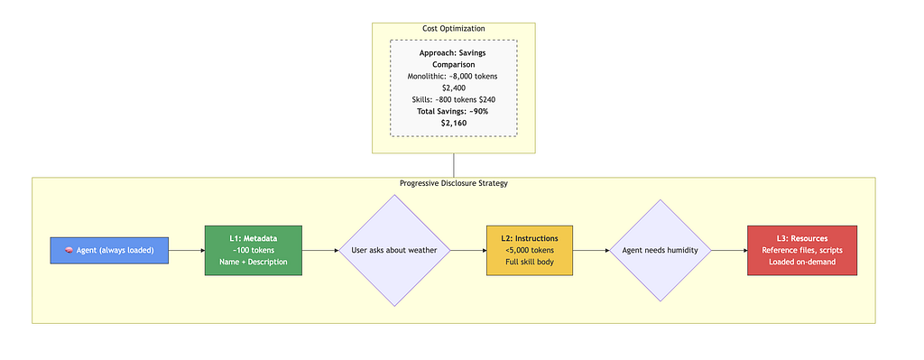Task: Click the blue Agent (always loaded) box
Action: (x=109, y=251)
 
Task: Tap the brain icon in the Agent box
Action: (x=69, y=251)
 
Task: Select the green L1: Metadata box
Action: (x=254, y=251)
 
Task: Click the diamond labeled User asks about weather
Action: (x=394, y=251)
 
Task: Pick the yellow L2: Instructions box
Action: (x=529, y=251)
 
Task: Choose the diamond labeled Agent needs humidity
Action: (x=661, y=251)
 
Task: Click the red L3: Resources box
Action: (x=802, y=251)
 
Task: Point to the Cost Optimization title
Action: (x=454, y=29)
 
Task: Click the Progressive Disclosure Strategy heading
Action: (x=454, y=183)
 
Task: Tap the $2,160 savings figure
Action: (x=454, y=124)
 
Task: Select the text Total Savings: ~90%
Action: (x=454, y=111)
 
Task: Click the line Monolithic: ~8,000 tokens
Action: (x=454, y=76)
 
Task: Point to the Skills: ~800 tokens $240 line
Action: (x=454, y=99)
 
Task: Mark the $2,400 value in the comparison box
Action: (x=454, y=88)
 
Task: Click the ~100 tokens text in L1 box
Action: (x=254, y=251)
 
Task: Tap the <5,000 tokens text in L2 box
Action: (x=529, y=251)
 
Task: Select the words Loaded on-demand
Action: (x=802, y=262)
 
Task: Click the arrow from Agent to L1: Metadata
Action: (x=187, y=251)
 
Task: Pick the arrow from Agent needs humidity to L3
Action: (x=729, y=251)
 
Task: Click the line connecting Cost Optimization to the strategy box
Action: (x=454, y=166)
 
